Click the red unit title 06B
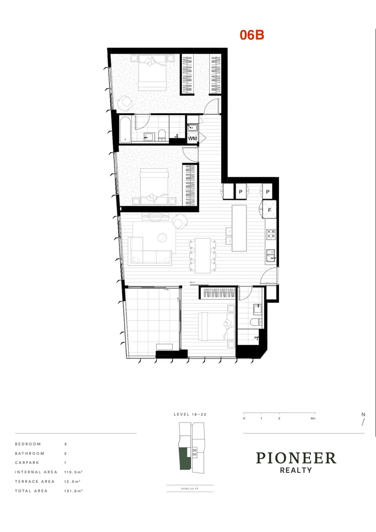tap(252, 34)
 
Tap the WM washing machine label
tap(193, 138)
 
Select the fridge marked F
tap(270, 209)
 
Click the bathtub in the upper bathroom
tap(125, 129)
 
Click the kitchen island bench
tap(239, 228)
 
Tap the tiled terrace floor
tap(150, 320)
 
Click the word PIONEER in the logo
tap(296, 458)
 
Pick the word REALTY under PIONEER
tap(296, 470)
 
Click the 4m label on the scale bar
tap(313, 418)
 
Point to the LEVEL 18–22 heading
tap(190, 415)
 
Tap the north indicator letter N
tap(363, 415)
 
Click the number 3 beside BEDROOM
tap(65, 444)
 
